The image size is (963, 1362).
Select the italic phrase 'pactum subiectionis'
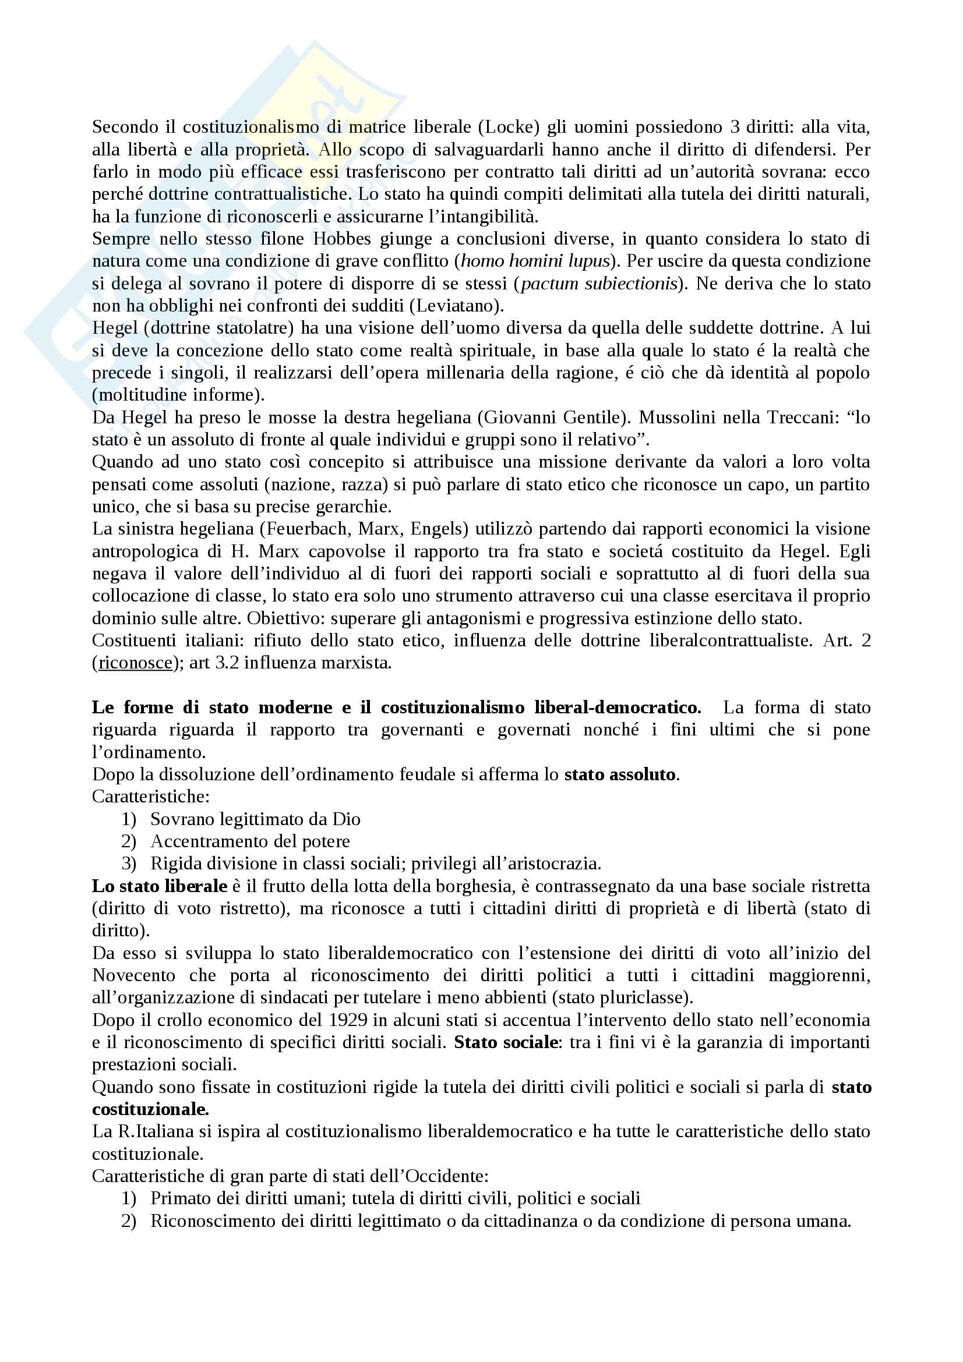[x=599, y=284]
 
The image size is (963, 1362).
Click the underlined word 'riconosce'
[x=135, y=663]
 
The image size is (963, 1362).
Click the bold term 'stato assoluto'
[x=619, y=774]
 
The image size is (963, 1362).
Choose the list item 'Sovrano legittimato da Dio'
[x=255, y=819]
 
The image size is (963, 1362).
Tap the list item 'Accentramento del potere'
[x=250, y=841]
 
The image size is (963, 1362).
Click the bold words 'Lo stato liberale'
[x=160, y=886]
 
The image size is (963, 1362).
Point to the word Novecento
[x=134, y=976]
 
